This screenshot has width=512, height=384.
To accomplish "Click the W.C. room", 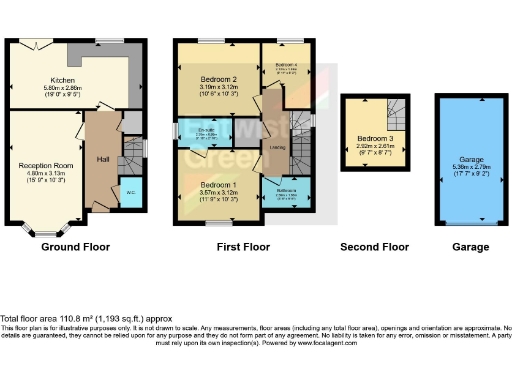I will click(131, 191).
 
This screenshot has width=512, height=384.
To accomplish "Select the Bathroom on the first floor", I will click(287, 194).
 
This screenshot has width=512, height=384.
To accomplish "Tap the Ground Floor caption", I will click(76, 246).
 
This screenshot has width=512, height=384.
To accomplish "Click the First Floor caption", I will click(243, 246).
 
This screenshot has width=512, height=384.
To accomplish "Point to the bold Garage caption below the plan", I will click(461, 246).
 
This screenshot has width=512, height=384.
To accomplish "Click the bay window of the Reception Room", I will click(45, 229).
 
